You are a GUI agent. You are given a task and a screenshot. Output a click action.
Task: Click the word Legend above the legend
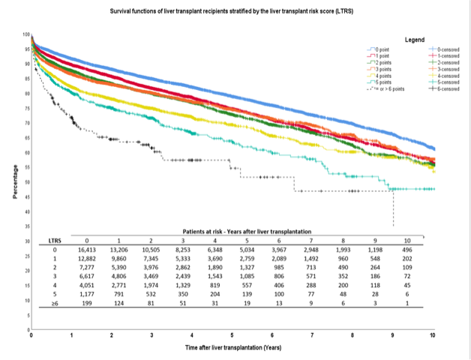coord(414,39)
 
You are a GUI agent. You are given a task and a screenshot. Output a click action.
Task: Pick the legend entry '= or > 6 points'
coord(388,88)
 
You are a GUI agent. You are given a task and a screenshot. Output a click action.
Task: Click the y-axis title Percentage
coord(14,181)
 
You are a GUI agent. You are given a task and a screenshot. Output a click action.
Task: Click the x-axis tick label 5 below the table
coord(232,335)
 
